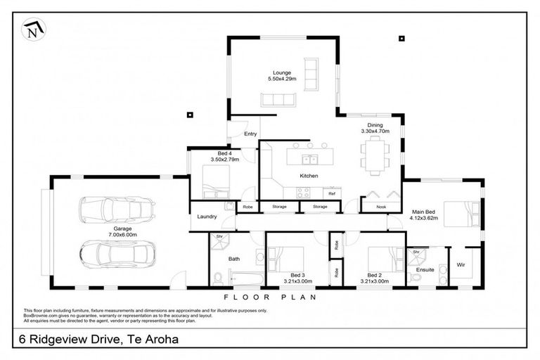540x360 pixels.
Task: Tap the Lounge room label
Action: [281, 72]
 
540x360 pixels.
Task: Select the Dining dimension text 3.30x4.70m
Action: [375, 131]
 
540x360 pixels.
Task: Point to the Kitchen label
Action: [309, 176]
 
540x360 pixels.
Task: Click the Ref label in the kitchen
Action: [331, 192]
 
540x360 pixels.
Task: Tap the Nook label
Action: [381, 206]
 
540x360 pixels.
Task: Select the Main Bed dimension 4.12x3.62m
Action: [423, 218]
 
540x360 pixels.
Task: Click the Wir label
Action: [461, 264]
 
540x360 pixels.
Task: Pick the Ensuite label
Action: [425, 269]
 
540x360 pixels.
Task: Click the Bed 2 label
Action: [374, 275]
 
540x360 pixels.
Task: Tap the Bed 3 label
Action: [297, 275]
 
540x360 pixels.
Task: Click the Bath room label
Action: [235, 259]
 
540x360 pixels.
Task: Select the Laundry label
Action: [207, 217]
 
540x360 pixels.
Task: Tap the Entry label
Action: [250, 134]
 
